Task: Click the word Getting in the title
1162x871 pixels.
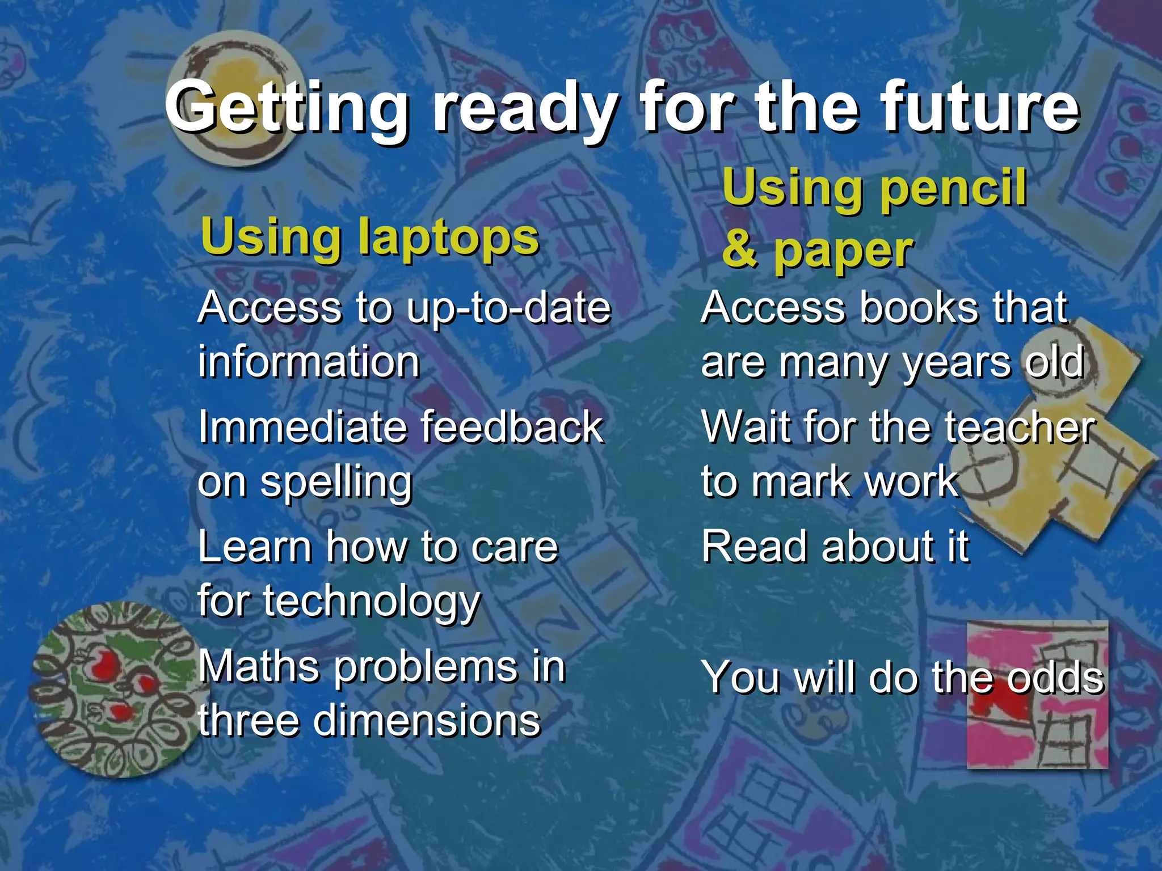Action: pyautogui.click(x=287, y=108)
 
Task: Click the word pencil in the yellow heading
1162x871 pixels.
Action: pyautogui.click(x=953, y=188)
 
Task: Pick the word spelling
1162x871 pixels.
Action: pyautogui.click(x=336, y=484)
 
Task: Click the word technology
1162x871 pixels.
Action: pyautogui.click(x=372, y=602)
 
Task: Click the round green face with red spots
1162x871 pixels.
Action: pyautogui.click(x=113, y=689)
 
